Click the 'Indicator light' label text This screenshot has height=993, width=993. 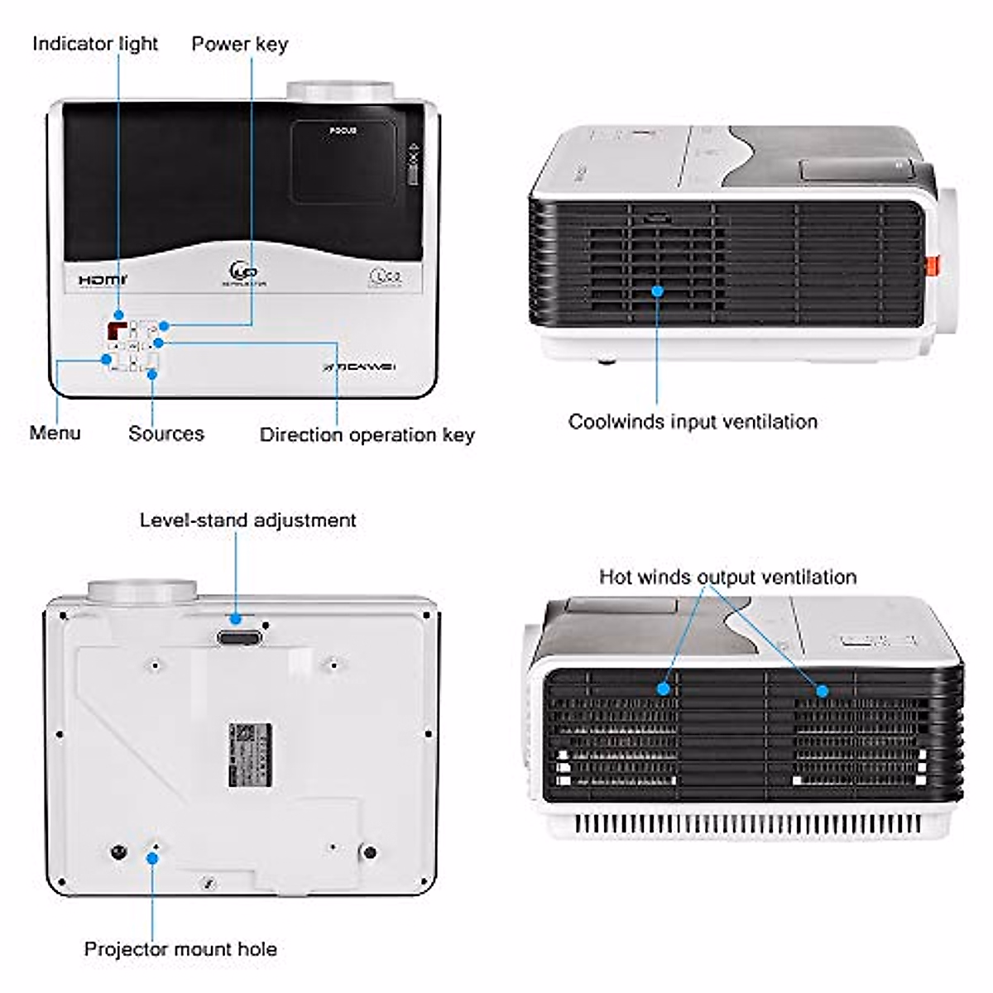(x=94, y=44)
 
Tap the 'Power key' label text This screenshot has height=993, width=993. (x=239, y=44)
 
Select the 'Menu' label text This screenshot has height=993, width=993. (x=55, y=433)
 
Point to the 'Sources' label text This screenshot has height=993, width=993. (x=165, y=434)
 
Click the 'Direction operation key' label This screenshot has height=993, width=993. (x=367, y=435)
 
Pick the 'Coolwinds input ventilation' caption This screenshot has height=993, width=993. (x=693, y=422)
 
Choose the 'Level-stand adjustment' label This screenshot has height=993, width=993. (x=247, y=520)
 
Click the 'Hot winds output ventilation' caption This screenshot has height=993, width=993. (x=727, y=577)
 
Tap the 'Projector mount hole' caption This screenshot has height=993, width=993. (x=180, y=949)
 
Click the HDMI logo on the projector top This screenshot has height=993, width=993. (x=103, y=281)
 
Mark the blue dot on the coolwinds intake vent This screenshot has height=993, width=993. (x=658, y=291)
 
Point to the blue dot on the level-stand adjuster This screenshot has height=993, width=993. (x=236, y=618)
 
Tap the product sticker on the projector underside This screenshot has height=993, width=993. (x=251, y=755)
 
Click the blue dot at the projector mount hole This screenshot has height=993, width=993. (x=152, y=857)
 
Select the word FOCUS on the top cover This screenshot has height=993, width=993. (x=343, y=132)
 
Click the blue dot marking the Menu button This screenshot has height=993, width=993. (x=107, y=359)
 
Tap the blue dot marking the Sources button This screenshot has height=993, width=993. (x=151, y=374)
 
